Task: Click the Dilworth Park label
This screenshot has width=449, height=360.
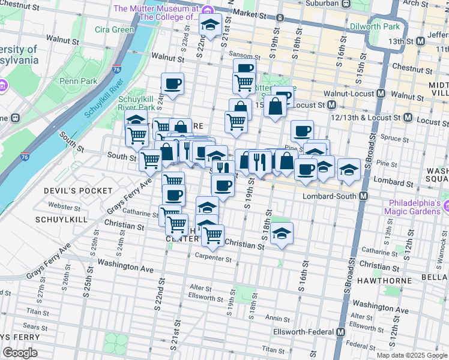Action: [x=377, y=27]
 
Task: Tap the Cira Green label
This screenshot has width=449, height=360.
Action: [x=115, y=29]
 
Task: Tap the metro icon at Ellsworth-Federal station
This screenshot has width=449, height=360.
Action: [x=341, y=332]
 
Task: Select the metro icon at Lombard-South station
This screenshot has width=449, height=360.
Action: [x=364, y=196]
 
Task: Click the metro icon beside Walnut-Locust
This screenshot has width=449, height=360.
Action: [x=381, y=94]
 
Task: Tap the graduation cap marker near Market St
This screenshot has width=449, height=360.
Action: [x=210, y=25]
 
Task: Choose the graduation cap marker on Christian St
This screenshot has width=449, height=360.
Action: [x=282, y=233]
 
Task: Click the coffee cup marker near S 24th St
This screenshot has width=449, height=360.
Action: [x=173, y=84]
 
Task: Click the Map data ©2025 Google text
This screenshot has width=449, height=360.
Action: [x=411, y=355]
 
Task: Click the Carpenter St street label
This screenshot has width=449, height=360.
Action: [x=213, y=259]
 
